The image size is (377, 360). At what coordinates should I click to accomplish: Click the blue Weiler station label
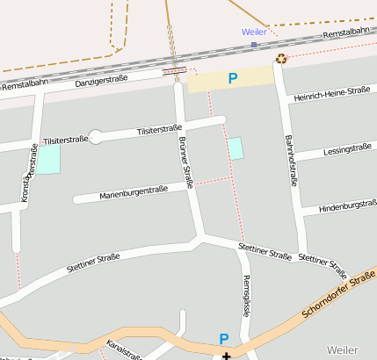(x=254, y=32)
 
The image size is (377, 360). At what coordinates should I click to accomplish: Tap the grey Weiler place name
(x=342, y=349)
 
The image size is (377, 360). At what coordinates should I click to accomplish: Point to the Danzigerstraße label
(x=101, y=80)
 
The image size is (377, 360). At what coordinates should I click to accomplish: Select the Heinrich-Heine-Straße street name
(x=333, y=93)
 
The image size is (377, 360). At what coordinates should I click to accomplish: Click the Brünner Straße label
(x=185, y=163)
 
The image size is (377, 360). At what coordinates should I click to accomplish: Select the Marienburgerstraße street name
(x=134, y=191)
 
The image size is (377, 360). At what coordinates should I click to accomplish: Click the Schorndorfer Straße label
(x=338, y=296)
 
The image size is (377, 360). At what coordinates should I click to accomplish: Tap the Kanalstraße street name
(x=123, y=349)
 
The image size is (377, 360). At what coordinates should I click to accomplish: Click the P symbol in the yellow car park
(x=233, y=78)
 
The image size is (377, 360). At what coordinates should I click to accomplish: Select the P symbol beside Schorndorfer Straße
(x=224, y=339)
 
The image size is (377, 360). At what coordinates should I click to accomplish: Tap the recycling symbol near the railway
(x=281, y=59)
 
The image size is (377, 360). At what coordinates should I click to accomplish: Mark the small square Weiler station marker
(x=254, y=44)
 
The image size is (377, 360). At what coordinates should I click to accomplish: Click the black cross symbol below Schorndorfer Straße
(x=227, y=356)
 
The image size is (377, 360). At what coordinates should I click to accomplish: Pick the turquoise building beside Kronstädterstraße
(x=48, y=159)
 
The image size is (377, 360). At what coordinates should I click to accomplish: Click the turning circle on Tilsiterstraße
(x=97, y=136)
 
